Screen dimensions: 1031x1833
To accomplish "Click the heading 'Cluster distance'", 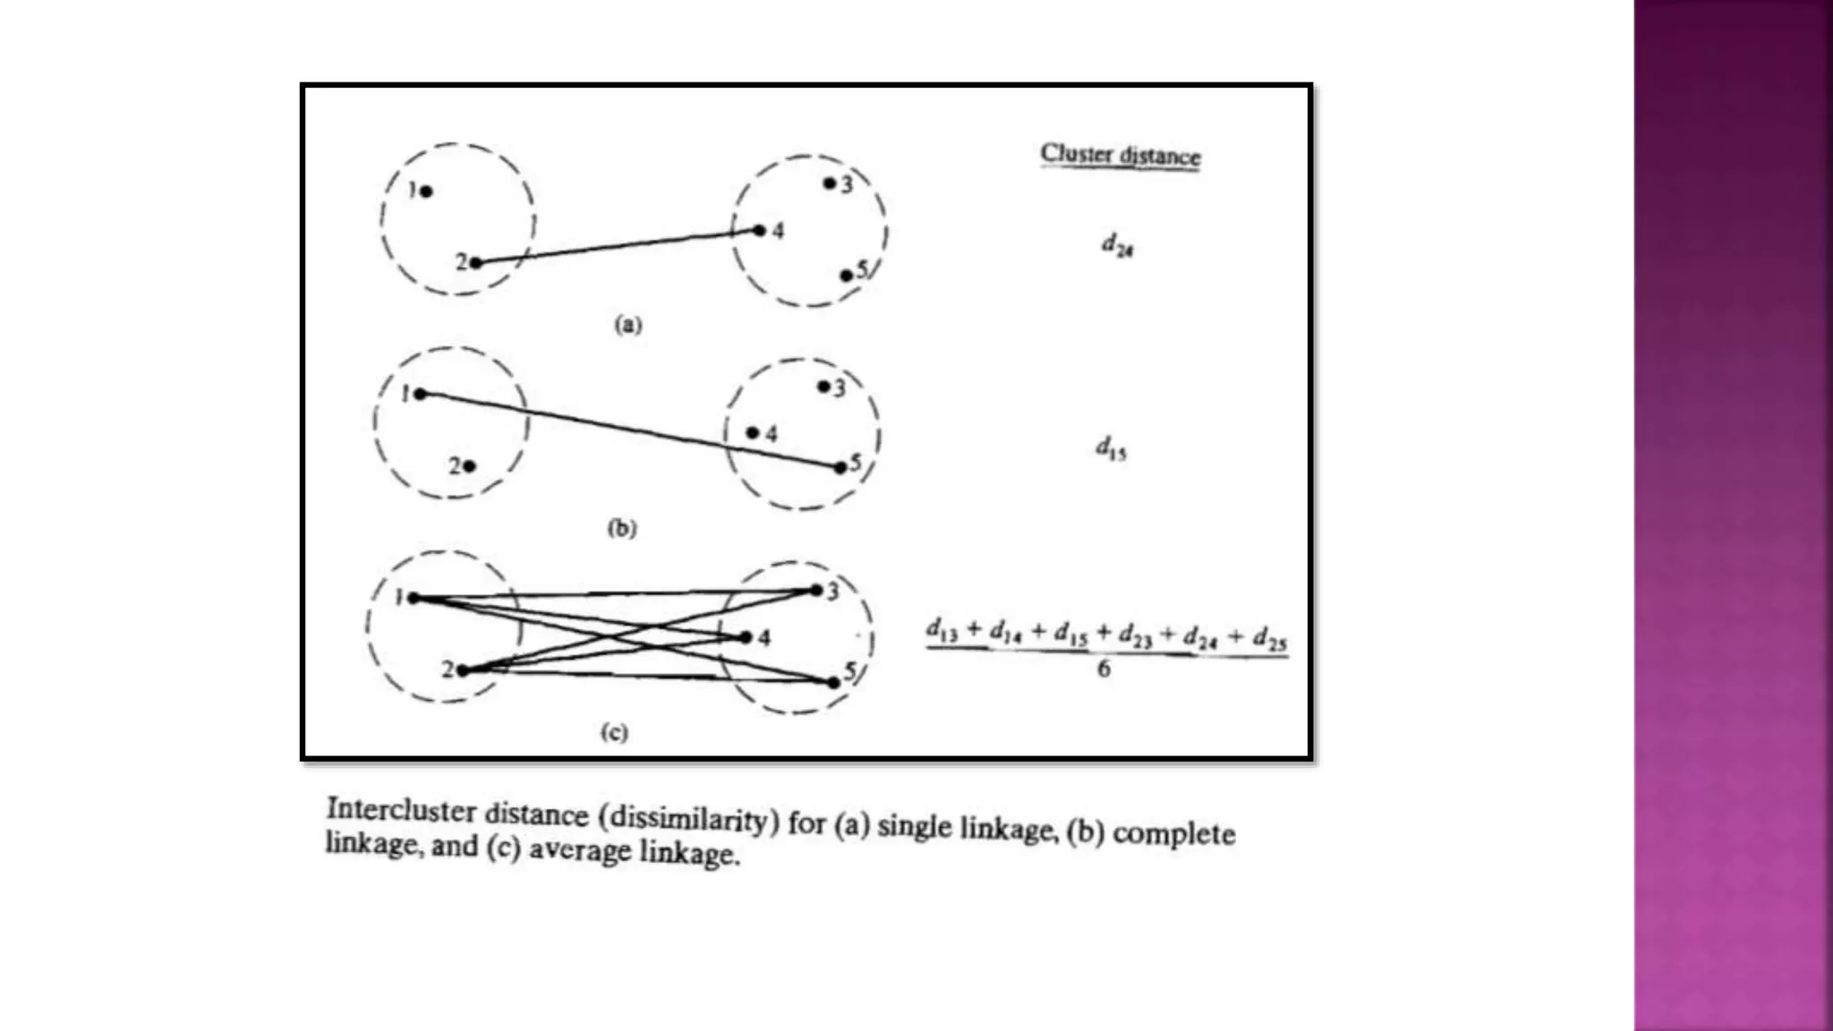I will pos(1120,155).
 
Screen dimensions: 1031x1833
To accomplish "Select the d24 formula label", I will pos(1117,243).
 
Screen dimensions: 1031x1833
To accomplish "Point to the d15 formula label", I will pos(1111,447).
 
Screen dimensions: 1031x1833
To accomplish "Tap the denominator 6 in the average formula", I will pos(1104,669).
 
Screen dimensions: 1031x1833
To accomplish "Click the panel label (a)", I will pos(627,324).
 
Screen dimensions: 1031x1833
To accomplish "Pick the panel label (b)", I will pos(622,528).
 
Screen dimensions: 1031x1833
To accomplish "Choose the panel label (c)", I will pos(614,732).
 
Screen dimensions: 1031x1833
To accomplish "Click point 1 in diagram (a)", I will pos(426,192).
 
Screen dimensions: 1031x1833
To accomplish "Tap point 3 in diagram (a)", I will pos(830,183).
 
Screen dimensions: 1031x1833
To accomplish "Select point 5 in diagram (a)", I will pos(847,276).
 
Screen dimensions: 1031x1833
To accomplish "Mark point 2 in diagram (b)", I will pos(470,466).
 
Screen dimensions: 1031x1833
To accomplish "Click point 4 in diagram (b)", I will pos(753,433).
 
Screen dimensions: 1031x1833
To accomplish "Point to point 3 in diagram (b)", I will pos(823,387).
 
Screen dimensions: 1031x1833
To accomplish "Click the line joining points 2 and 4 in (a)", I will pos(618,246).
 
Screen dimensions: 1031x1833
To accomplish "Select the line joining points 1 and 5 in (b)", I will pos(627,430).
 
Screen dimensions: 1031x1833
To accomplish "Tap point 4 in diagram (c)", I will pos(746,637).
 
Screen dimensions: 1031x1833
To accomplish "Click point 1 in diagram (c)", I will pos(413,598).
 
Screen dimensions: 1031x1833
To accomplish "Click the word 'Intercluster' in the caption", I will pos(400,810).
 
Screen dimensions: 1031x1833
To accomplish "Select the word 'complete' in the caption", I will pos(1173,834).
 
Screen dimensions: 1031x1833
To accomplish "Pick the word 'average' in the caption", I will pos(580,849).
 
